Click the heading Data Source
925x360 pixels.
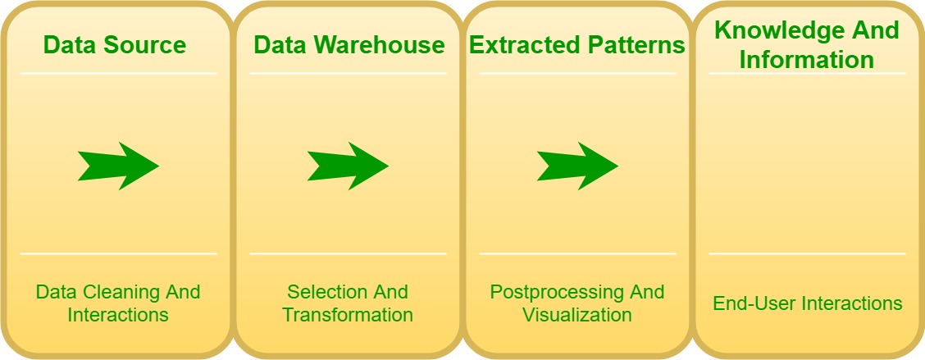click(x=115, y=45)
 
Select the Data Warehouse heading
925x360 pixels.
click(x=349, y=45)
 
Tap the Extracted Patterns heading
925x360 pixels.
click(x=577, y=45)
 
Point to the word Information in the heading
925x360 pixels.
click(x=806, y=60)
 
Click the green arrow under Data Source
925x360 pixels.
click(x=119, y=166)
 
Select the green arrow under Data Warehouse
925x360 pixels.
click(x=348, y=166)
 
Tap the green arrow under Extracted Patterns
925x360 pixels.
click(x=577, y=166)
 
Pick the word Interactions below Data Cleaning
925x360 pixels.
click(x=118, y=315)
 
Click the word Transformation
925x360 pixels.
click(x=348, y=315)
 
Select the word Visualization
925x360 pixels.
click(x=577, y=315)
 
